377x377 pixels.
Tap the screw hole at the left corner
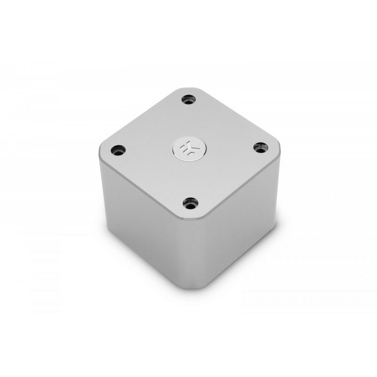pyautogui.click(x=116, y=151)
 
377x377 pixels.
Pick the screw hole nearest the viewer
pyautogui.click(x=189, y=204)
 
